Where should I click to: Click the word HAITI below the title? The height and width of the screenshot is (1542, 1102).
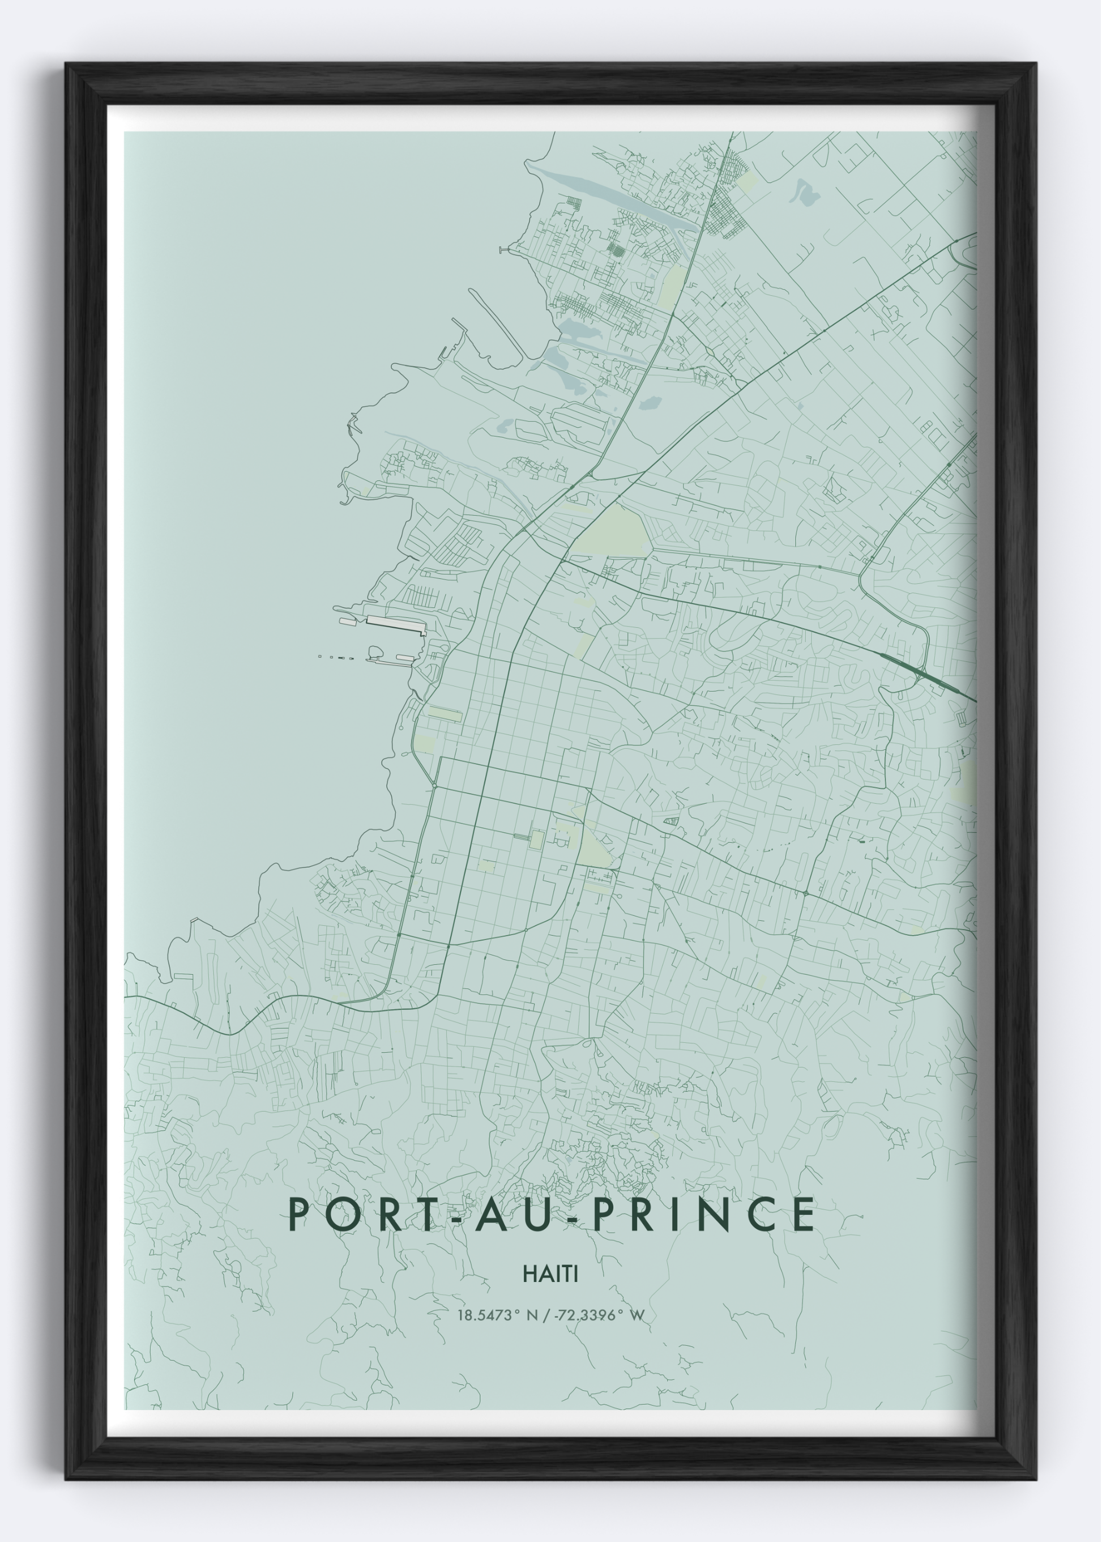[550, 1274]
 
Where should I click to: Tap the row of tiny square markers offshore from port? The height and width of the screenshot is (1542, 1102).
[335, 657]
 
